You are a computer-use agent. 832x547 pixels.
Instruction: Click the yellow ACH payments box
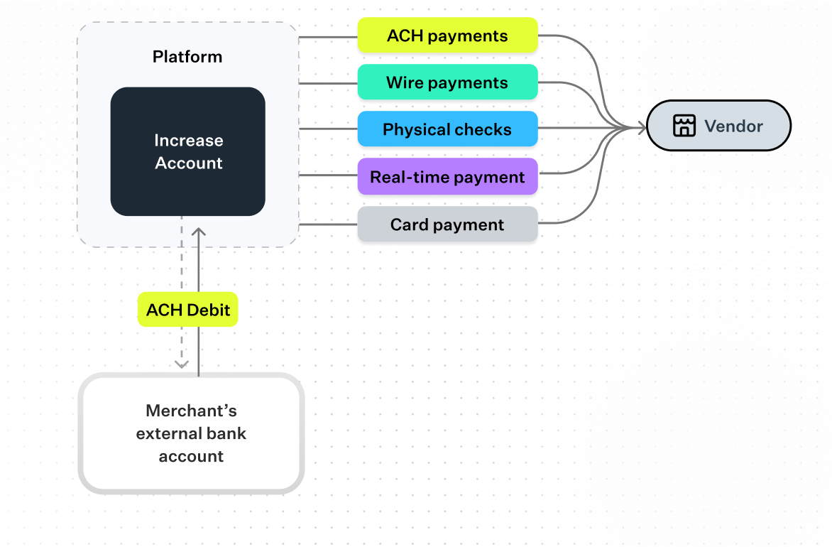point(447,36)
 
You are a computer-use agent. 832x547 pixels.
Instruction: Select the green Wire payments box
point(447,82)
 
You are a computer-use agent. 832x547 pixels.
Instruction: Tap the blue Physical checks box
point(447,129)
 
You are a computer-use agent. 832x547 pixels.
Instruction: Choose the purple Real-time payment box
point(447,177)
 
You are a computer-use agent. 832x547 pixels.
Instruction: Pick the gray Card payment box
point(447,224)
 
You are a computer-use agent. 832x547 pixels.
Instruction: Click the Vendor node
point(718,126)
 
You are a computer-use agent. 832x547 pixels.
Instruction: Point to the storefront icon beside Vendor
point(684,126)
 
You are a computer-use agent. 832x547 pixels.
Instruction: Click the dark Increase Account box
point(188,151)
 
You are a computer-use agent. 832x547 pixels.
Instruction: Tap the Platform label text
point(187,57)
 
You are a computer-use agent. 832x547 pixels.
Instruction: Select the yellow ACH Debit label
point(187,310)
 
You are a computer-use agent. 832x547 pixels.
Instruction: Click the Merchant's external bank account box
point(191,433)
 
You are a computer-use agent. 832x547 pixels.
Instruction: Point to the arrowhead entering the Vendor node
point(640,128)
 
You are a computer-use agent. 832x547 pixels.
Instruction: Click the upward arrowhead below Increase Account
point(199,232)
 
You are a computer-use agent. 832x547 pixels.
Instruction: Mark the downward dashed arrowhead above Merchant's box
point(182,364)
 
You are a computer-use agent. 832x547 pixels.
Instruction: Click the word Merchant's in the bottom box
point(191,411)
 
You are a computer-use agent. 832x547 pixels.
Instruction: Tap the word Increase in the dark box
point(188,141)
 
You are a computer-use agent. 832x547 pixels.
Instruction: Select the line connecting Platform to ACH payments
point(328,36)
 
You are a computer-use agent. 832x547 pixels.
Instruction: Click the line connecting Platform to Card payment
point(328,224)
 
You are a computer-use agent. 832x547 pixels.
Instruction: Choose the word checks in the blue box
point(484,129)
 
